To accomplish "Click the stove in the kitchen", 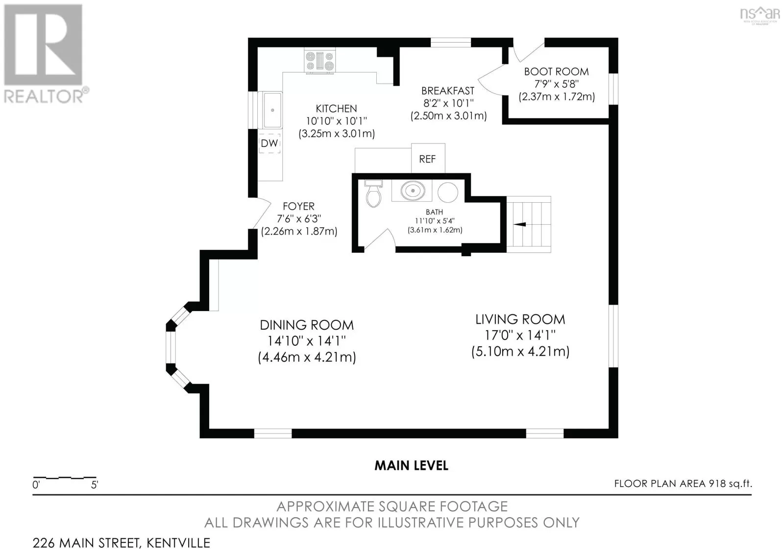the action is pyautogui.click(x=320, y=61).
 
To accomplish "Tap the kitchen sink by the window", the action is pyautogui.click(x=272, y=110).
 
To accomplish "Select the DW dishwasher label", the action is pyautogui.click(x=269, y=143).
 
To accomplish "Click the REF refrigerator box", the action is pyautogui.click(x=428, y=159).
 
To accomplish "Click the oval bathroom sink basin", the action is pyautogui.click(x=413, y=191).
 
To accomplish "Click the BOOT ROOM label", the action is pyautogui.click(x=557, y=72).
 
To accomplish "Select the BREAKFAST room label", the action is pyautogui.click(x=448, y=91).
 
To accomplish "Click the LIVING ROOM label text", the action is pyautogui.click(x=520, y=319).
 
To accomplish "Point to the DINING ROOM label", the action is pyautogui.click(x=307, y=325).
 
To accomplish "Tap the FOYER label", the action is pyautogui.click(x=298, y=206).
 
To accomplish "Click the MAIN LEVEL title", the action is pyautogui.click(x=411, y=465).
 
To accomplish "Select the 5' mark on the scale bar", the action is pyautogui.click(x=95, y=485).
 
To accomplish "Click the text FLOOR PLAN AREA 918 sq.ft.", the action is pyautogui.click(x=683, y=483).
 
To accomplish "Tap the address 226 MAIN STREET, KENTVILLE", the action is pyautogui.click(x=122, y=543).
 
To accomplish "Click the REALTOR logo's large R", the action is pyautogui.click(x=43, y=45).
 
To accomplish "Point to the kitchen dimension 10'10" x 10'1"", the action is pyautogui.click(x=336, y=121).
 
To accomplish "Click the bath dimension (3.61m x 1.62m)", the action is pyautogui.click(x=435, y=230).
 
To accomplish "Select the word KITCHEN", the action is pyautogui.click(x=336, y=108).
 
